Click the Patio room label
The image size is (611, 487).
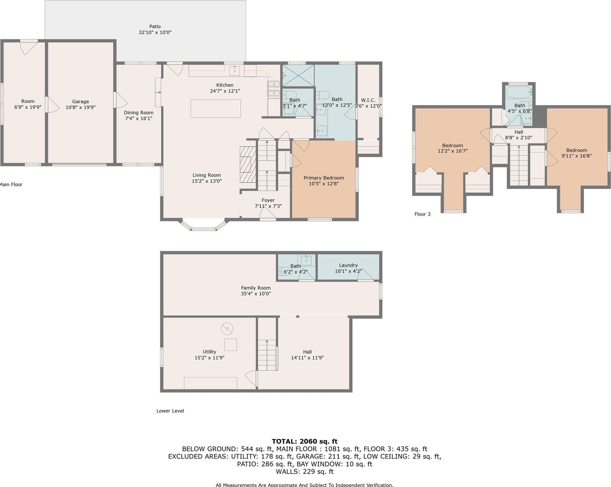(x=155, y=26)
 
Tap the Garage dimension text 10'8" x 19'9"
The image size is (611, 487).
(x=80, y=107)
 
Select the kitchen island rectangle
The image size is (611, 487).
(x=216, y=108)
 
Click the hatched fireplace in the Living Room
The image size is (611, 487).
(x=248, y=165)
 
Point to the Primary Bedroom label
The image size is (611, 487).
(x=324, y=178)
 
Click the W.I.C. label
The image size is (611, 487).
(x=368, y=100)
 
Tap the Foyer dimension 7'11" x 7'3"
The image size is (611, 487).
(x=268, y=206)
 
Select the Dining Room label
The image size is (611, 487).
(x=139, y=113)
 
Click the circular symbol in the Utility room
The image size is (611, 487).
(x=227, y=329)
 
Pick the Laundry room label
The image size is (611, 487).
(x=348, y=265)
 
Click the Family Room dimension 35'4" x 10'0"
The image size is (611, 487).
(x=256, y=294)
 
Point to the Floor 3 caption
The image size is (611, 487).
(x=422, y=214)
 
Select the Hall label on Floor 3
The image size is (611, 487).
(x=519, y=132)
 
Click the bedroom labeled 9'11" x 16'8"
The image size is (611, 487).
(x=576, y=153)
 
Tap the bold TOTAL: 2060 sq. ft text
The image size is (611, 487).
(x=305, y=441)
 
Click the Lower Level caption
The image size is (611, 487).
(x=170, y=411)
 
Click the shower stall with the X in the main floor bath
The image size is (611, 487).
(x=298, y=76)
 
